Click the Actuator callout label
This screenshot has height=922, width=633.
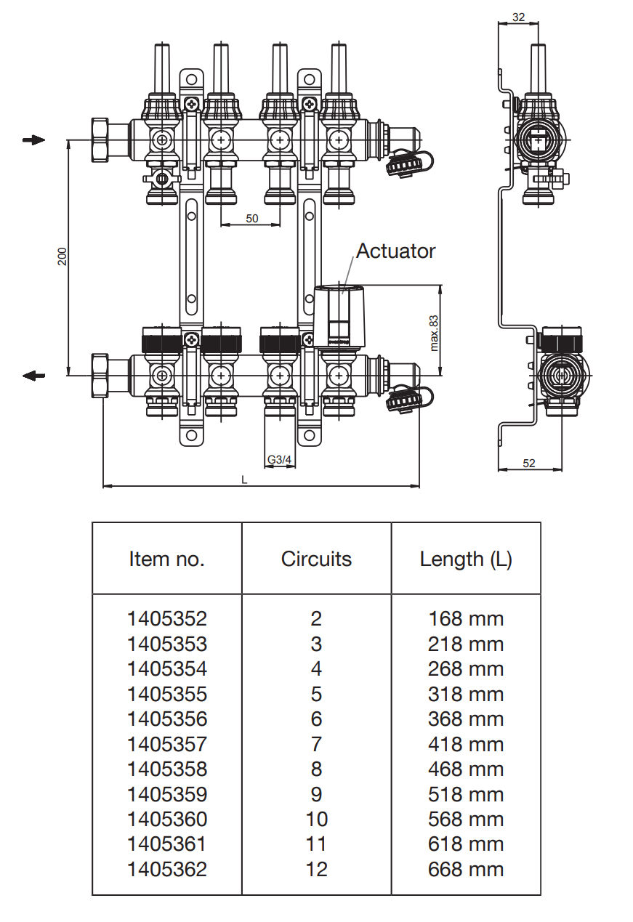coord(396,251)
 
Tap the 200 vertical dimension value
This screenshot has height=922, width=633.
coord(63,256)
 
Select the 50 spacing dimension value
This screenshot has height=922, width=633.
coord(251,219)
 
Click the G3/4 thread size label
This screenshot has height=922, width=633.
coord(279,460)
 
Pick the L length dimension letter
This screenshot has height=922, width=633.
coord(244,480)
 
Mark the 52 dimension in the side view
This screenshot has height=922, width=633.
coord(528,463)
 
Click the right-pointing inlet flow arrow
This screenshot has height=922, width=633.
coord(33,139)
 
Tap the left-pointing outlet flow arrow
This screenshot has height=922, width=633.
coord(33,376)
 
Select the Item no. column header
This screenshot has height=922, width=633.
coord(166,559)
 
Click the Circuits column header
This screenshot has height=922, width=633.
coord(316,559)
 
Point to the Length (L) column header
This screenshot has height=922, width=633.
coord(466,559)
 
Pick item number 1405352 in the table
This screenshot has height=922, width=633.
coord(166,619)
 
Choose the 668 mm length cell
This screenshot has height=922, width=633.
coord(466,870)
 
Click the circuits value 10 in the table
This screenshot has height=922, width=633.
coord(316,820)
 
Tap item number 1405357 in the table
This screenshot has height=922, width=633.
coord(166,745)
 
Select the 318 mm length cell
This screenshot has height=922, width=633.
coord(466,695)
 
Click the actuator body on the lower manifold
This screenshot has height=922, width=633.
coord(340,312)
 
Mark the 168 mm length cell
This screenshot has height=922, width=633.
coord(466,619)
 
